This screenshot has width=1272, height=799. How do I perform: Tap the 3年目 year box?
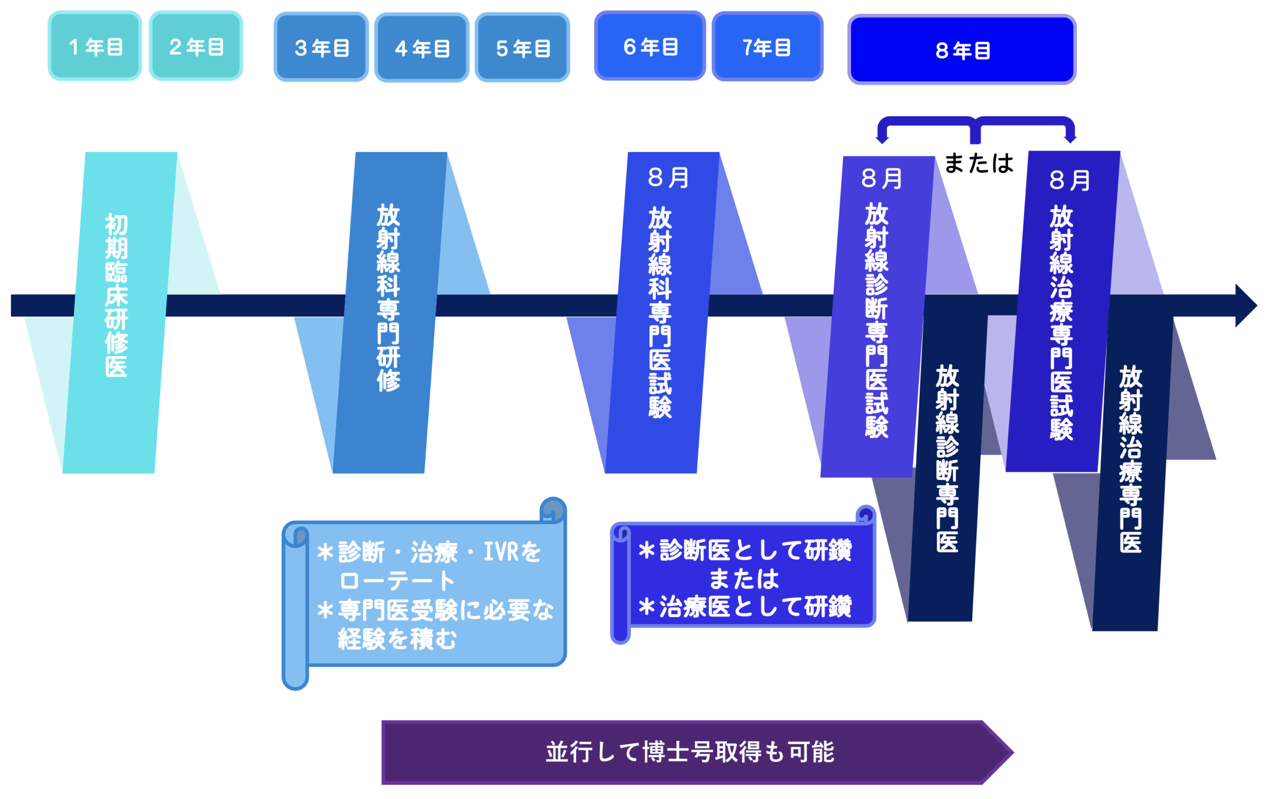[321, 47]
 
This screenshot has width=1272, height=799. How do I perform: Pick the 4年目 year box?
[422, 48]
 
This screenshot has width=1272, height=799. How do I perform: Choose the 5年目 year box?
[522, 48]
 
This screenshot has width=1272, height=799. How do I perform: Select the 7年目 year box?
[768, 47]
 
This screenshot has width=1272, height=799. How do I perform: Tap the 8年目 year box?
[962, 50]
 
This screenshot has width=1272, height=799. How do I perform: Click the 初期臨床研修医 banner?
[117, 296]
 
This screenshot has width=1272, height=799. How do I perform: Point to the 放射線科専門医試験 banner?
[661, 312]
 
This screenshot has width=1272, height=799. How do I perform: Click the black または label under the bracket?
[978, 162]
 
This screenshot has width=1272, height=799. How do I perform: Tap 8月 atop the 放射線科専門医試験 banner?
[668, 177]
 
